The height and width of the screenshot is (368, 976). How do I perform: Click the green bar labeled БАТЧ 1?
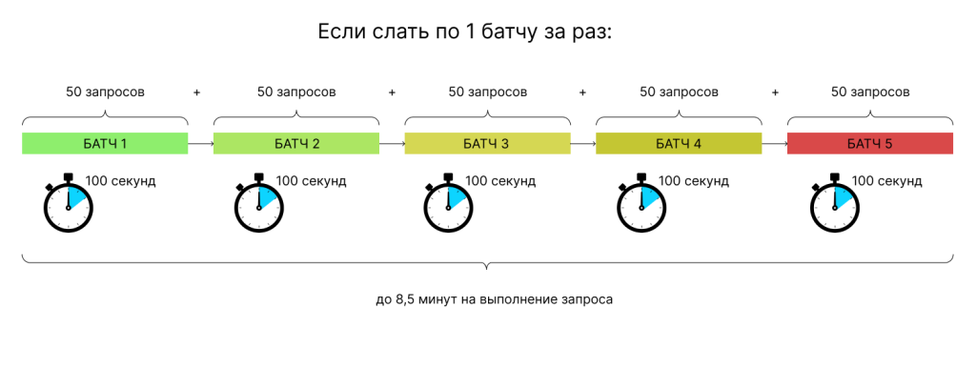(105, 144)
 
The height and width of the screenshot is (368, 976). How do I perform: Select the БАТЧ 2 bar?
(296, 144)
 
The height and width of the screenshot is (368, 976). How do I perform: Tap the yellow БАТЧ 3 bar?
(487, 144)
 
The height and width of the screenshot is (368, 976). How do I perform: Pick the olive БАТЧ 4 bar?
(679, 144)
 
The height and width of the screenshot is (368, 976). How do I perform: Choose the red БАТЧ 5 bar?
(870, 144)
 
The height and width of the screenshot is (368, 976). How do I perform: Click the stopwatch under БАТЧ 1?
(68, 203)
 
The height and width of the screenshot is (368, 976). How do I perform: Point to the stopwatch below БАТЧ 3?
(449, 203)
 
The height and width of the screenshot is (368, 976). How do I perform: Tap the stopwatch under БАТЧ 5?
(833, 203)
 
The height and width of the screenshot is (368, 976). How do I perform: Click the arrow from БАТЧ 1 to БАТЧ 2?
(200, 144)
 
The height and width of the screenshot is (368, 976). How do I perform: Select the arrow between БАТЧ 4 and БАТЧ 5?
(774, 144)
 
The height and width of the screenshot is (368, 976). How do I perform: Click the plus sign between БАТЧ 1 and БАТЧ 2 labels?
(197, 92)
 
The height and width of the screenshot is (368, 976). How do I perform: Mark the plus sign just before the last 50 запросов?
(775, 92)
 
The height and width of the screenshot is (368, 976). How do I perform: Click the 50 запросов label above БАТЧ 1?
(105, 92)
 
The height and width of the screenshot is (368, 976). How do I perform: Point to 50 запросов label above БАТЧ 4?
(679, 92)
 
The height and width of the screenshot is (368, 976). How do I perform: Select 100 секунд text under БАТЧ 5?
(886, 180)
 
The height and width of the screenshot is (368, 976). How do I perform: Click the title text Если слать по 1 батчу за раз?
(463, 31)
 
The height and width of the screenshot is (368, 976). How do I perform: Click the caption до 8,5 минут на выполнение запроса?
(494, 299)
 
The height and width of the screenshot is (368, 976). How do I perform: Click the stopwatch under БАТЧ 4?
(640, 203)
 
